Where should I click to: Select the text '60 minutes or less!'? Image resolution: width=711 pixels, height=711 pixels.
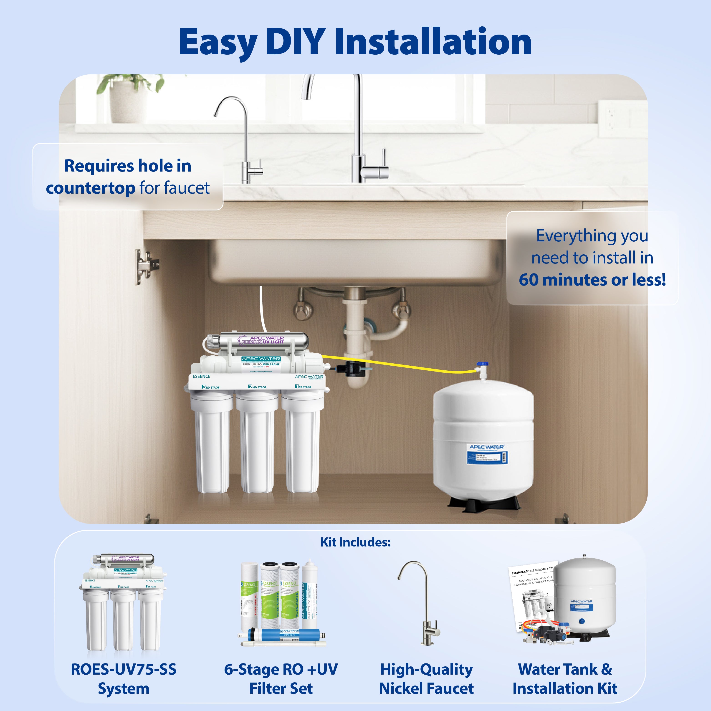(592, 280)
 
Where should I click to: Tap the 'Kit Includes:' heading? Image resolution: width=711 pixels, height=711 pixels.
(355, 542)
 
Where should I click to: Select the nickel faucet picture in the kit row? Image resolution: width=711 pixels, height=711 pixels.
(423, 604)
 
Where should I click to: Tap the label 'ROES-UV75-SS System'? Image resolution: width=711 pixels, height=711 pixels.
(124, 679)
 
